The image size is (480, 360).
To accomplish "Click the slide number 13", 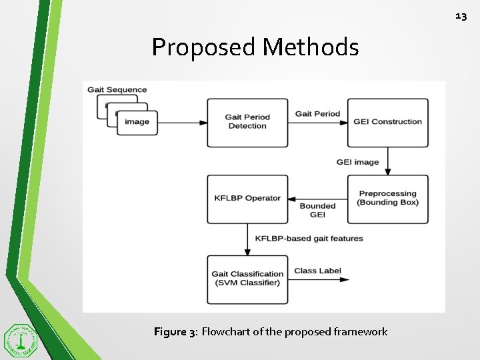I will pyautogui.click(x=461, y=15).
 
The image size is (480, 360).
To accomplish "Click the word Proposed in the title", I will pyautogui.click(x=203, y=47).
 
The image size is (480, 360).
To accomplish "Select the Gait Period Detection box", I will pyautogui.click(x=247, y=123).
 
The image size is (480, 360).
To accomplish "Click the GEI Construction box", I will pyautogui.click(x=387, y=123).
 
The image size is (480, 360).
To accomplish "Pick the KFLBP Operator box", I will pyautogui.click(x=247, y=199).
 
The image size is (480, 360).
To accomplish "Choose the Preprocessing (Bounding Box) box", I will pyautogui.click(x=387, y=199).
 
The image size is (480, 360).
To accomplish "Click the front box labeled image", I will pyautogui.click(x=137, y=123).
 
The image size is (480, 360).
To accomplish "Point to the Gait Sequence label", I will pyautogui.click(x=117, y=90).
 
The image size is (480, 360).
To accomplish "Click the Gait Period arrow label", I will pyautogui.click(x=317, y=114).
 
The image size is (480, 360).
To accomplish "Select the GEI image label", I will pyautogui.click(x=357, y=162).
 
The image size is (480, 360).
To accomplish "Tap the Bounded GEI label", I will pyautogui.click(x=317, y=211).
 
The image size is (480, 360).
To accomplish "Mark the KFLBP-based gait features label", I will pyautogui.click(x=309, y=239).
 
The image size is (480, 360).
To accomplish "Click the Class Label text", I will pyautogui.click(x=317, y=271).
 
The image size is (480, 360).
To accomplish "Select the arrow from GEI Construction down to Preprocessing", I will pyautogui.click(x=387, y=161).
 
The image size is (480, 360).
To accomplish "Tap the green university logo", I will pyautogui.click(x=21, y=341).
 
